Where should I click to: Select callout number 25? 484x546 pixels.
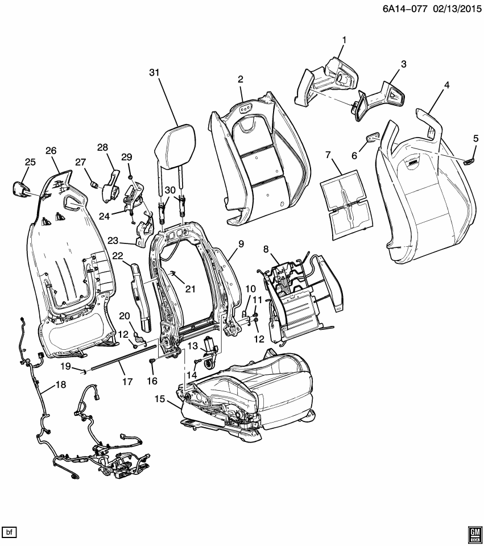click(30, 163)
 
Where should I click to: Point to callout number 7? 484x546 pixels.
click(328, 155)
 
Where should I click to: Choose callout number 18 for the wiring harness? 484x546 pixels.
click(60, 385)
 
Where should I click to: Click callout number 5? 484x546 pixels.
click(475, 138)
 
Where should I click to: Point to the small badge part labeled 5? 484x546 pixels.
click(469, 161)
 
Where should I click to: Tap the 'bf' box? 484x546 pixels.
click(10, 532)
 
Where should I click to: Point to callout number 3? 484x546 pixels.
click(403, 64)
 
